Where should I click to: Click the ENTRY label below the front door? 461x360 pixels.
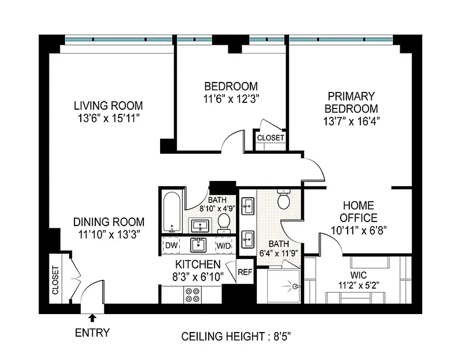(92, 333)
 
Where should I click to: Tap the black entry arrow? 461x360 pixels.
(93, 318)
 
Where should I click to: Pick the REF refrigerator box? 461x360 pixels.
(245, 272)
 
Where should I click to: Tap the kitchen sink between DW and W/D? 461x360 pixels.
(197, 245)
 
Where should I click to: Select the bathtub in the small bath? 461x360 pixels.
(172, 211)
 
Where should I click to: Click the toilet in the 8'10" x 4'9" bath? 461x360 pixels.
(224, 222)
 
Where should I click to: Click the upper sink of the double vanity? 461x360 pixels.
(247, 207)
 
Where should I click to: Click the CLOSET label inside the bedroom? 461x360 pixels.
(270, 138)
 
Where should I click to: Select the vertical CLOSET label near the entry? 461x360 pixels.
(56, 280)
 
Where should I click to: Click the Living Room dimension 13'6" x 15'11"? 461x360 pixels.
(108, 119)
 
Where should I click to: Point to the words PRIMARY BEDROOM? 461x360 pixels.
(351, 103)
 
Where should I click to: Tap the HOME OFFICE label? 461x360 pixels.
(358, 212)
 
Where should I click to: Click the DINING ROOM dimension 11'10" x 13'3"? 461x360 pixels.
(108, 234)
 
